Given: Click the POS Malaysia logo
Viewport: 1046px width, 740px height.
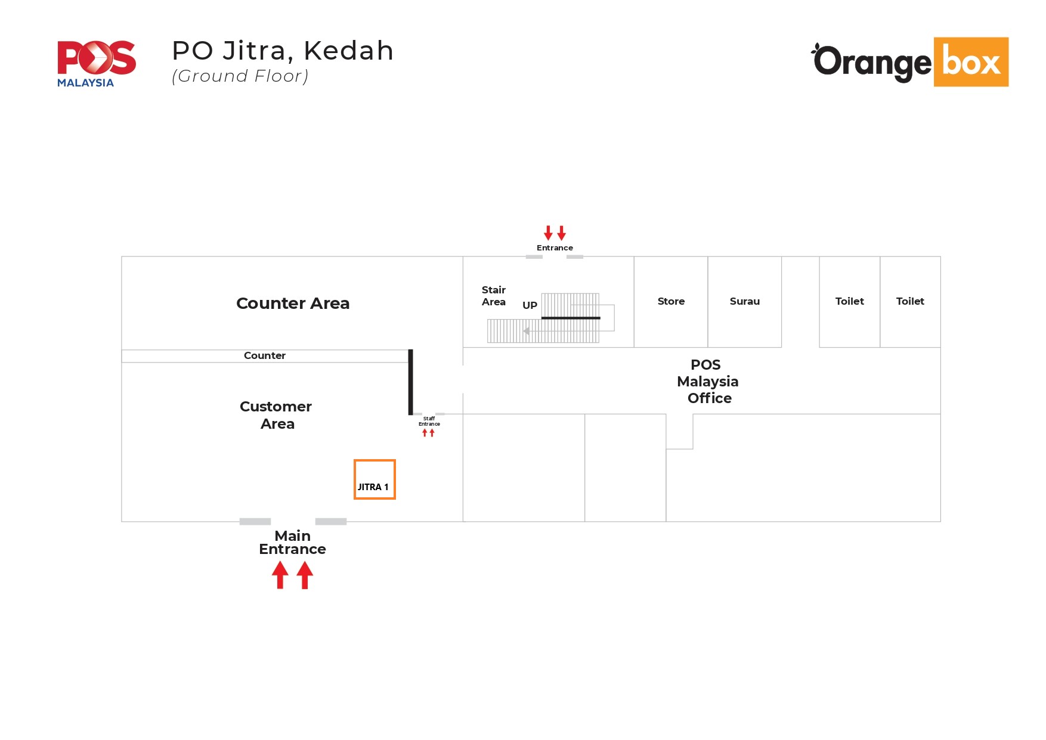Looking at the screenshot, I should coord(96,63).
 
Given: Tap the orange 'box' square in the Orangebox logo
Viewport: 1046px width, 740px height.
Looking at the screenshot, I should coord(970,62).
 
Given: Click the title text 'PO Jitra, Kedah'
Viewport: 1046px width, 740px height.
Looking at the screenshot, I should coord(283,51).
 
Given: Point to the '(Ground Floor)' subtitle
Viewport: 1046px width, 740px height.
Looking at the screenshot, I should coord(240,76).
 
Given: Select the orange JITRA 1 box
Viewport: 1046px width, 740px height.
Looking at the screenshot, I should coord(375,479).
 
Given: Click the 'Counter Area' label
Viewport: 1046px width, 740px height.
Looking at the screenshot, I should coord(293,304).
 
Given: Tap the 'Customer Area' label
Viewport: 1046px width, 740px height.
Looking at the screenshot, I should coord(276,415).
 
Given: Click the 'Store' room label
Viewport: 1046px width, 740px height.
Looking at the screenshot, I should coord(671,302).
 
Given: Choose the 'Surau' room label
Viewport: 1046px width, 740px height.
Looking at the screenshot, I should coord(744,302).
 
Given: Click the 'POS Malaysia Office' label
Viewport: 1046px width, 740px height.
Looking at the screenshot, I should coord(708,382).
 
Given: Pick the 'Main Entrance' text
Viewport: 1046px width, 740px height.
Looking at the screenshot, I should coord(292,543).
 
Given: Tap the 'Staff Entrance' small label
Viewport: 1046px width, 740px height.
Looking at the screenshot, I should coord(429,422).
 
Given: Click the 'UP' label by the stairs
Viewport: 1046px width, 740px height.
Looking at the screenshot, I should coord(530,305).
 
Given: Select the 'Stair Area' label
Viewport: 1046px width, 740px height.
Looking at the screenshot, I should coord(494,296).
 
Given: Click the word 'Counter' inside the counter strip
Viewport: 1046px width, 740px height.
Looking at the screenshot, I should coord(265,356).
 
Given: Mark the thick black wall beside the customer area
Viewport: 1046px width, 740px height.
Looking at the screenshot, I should coord(410,382).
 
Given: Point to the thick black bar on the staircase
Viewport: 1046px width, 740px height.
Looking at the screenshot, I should coord(571,318).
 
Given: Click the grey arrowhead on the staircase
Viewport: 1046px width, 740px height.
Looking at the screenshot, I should coord(526,331).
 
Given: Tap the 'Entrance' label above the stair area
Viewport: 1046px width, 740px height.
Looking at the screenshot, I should coord(555,248).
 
